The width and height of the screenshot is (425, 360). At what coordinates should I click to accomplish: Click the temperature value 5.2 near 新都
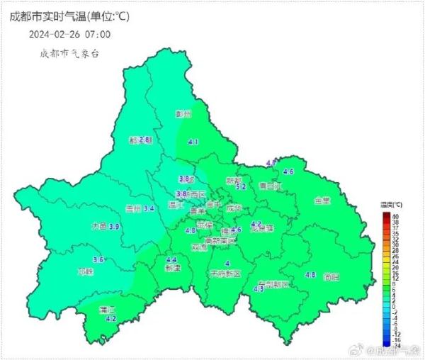click(241, 187)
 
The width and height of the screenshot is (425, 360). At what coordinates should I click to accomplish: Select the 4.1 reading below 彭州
click(193, 142)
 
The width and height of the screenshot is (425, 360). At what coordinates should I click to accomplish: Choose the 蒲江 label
click(108, 310)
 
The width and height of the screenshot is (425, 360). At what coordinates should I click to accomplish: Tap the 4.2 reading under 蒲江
click(110, 320)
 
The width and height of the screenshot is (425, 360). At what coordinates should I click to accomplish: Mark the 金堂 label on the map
click(322, 201)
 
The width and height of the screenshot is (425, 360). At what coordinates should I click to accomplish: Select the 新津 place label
click(172, 269)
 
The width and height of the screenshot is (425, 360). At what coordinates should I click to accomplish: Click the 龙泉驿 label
click(261, 228)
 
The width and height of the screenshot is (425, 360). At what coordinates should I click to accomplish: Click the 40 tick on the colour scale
click(395, 215)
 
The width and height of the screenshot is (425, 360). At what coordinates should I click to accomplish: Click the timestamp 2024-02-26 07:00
click(69, 33)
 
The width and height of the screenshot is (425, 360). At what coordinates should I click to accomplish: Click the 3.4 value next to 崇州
click(149, 208)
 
